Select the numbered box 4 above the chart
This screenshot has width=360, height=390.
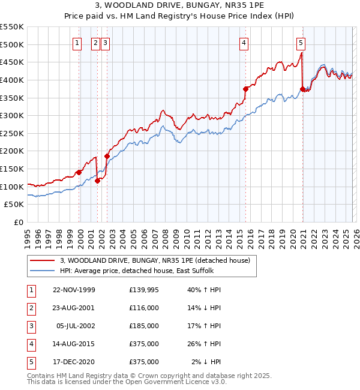pyautogui.click(x=244, y=43)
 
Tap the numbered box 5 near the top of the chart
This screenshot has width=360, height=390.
pyautogui.click(x=301, y=43)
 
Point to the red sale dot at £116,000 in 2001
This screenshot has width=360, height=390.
pyautogui.click(x=97, y=181)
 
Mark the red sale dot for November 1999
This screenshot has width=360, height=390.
pyautogui.click(x=79, y=172)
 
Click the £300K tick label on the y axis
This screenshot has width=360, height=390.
pyautogui.click(x=12, y=115)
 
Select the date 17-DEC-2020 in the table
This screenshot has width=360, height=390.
pyautogui.click(x=74, y=362)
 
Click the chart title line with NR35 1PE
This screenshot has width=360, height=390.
pyautogui.click(x=180, y=7)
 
